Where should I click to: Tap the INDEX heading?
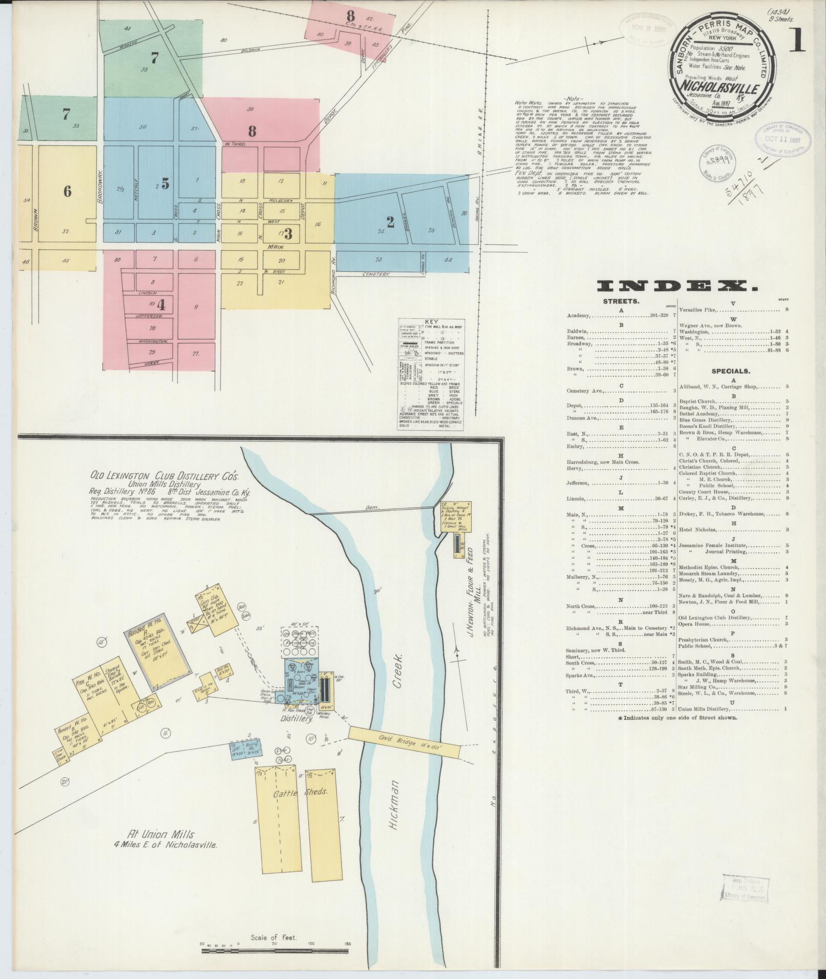[678, 286]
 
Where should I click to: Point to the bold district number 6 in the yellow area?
[67, 191]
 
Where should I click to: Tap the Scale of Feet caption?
[274, 938]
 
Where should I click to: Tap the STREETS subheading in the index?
[621, 301]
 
